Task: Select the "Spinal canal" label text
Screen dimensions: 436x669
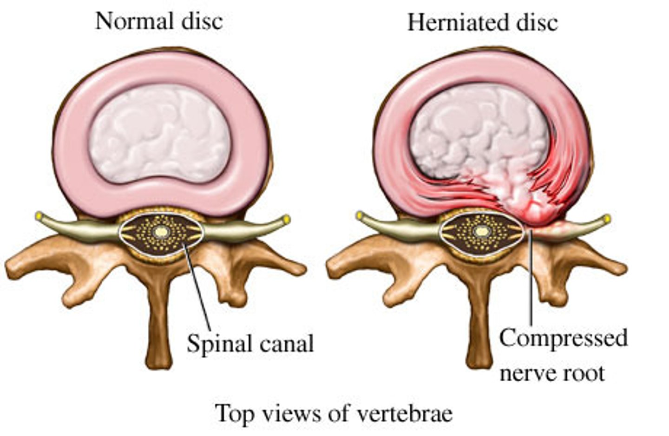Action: (x=250, y=344)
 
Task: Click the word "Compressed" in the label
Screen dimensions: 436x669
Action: (x=563, y=338)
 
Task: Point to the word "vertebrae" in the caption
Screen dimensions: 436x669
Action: (x=406, y=413)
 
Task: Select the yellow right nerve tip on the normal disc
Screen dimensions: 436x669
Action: (x=286, y=218)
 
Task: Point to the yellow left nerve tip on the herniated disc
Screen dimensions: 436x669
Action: (x=360, y=216)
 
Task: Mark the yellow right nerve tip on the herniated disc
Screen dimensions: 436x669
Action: (x=607, y=218)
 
